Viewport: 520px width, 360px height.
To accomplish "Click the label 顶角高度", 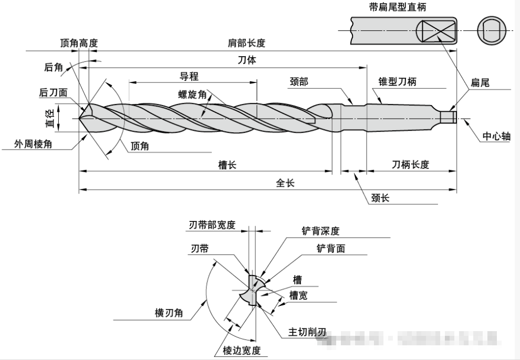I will coord(79,43).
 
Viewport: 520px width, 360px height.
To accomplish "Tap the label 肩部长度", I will coord(246,43).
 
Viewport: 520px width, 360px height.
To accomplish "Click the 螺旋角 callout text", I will coord(192,94).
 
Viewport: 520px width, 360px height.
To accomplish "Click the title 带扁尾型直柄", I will coord(405,7).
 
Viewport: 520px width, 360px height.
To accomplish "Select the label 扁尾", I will coord(480,82).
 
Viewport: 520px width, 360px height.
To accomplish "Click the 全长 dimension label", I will coord(285,183).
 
